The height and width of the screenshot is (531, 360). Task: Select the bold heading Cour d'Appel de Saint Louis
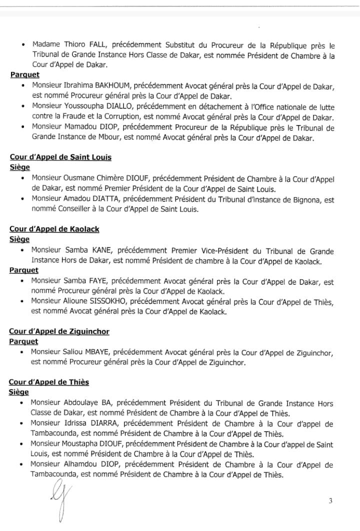[60, 157]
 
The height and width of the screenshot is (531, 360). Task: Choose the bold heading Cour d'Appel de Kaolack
[54, 229]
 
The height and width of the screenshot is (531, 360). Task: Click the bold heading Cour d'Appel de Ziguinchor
[59, 331]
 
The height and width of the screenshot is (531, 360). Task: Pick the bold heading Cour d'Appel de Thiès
[49, 382]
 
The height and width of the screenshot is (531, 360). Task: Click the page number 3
[330, 501]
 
